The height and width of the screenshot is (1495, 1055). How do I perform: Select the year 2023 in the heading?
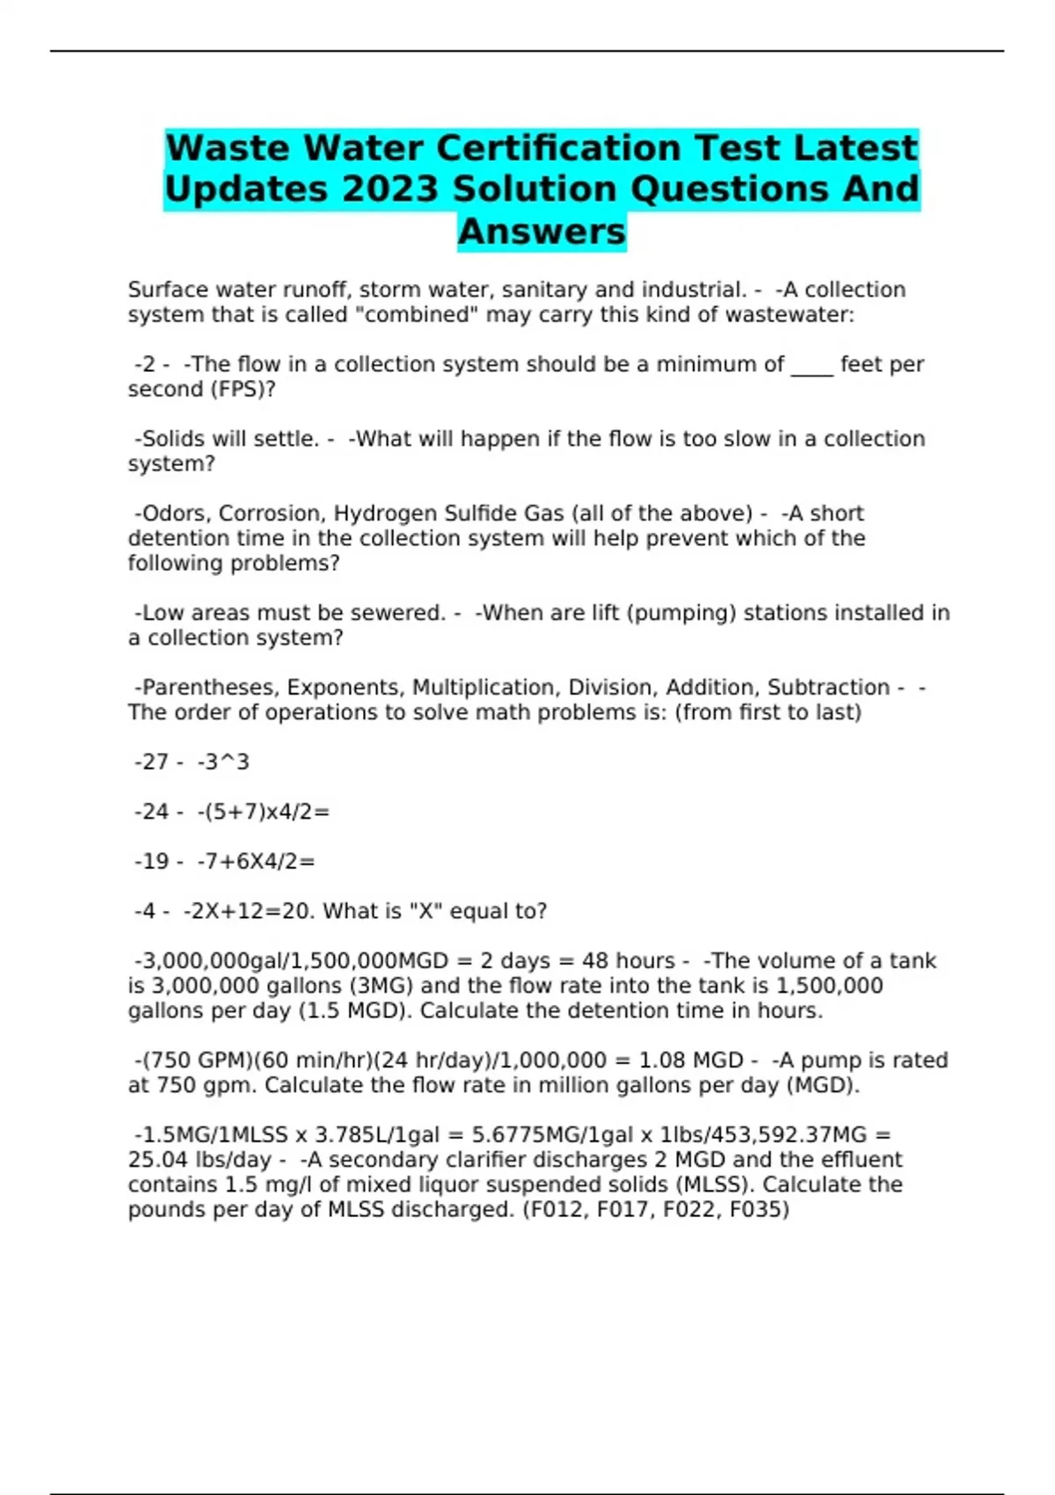389,189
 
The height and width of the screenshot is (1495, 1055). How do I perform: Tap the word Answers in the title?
542,231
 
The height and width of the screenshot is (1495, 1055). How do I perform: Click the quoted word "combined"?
416,315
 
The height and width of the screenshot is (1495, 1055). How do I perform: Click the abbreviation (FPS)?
243,390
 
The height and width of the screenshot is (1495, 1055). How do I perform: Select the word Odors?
173,514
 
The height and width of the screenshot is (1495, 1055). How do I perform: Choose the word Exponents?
346,688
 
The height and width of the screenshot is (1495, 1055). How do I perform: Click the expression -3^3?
223,762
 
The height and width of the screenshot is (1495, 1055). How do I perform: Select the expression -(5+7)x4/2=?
264,812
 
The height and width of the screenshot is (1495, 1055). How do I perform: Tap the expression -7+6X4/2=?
256,862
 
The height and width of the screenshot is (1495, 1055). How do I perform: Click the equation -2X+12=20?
250,911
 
